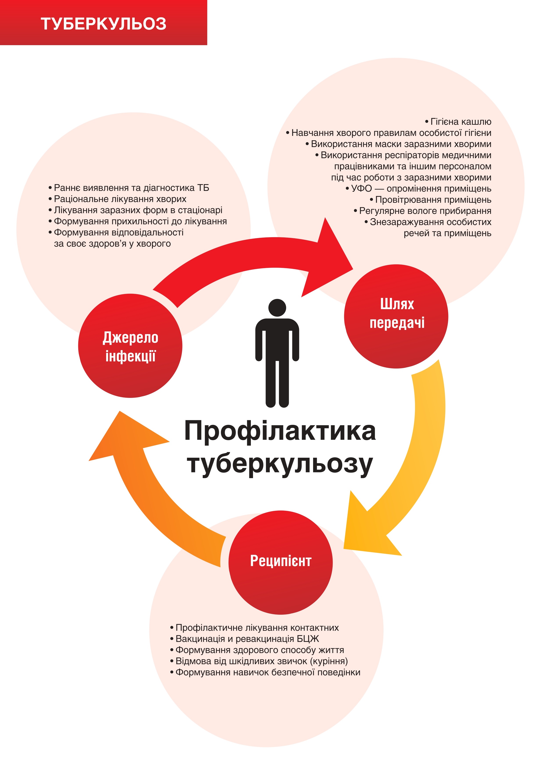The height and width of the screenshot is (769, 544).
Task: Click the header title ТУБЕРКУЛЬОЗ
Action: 103,24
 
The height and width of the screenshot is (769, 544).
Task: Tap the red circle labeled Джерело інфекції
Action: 130,346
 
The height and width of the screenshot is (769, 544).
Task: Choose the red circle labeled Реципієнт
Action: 280,562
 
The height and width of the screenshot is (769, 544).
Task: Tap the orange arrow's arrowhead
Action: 127,435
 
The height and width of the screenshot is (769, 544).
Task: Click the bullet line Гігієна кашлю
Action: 458,122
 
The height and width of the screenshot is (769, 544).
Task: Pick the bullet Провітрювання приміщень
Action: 430,200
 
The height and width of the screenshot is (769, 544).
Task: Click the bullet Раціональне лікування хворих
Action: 117,199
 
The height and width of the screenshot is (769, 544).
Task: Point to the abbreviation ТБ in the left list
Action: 203,188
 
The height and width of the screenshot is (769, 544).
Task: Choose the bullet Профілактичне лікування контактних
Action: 254,628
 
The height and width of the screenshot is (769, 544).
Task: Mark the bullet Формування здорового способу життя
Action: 257,650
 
